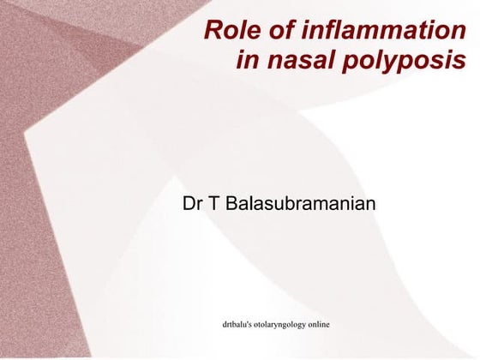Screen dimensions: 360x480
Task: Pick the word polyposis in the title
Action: coord(402,62)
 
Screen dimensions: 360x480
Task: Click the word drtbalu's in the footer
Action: coord(240,325)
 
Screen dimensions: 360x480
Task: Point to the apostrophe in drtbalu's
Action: coord(253,323)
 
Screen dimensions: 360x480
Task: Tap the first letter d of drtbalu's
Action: coord(225,325)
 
